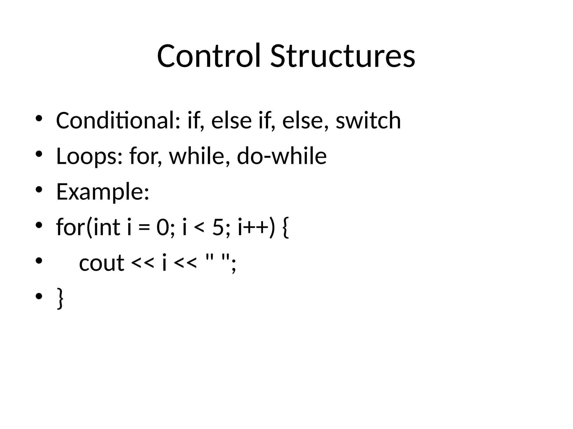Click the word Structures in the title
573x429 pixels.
pos(342,56)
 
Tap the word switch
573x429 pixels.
pos(368,120)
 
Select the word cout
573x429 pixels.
pos(102,263)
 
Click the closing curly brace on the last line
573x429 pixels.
pos(60,299)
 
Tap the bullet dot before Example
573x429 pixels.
pos(39,190)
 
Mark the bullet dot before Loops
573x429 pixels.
pos(39,154)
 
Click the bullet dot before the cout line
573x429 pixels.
pos(39,261)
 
